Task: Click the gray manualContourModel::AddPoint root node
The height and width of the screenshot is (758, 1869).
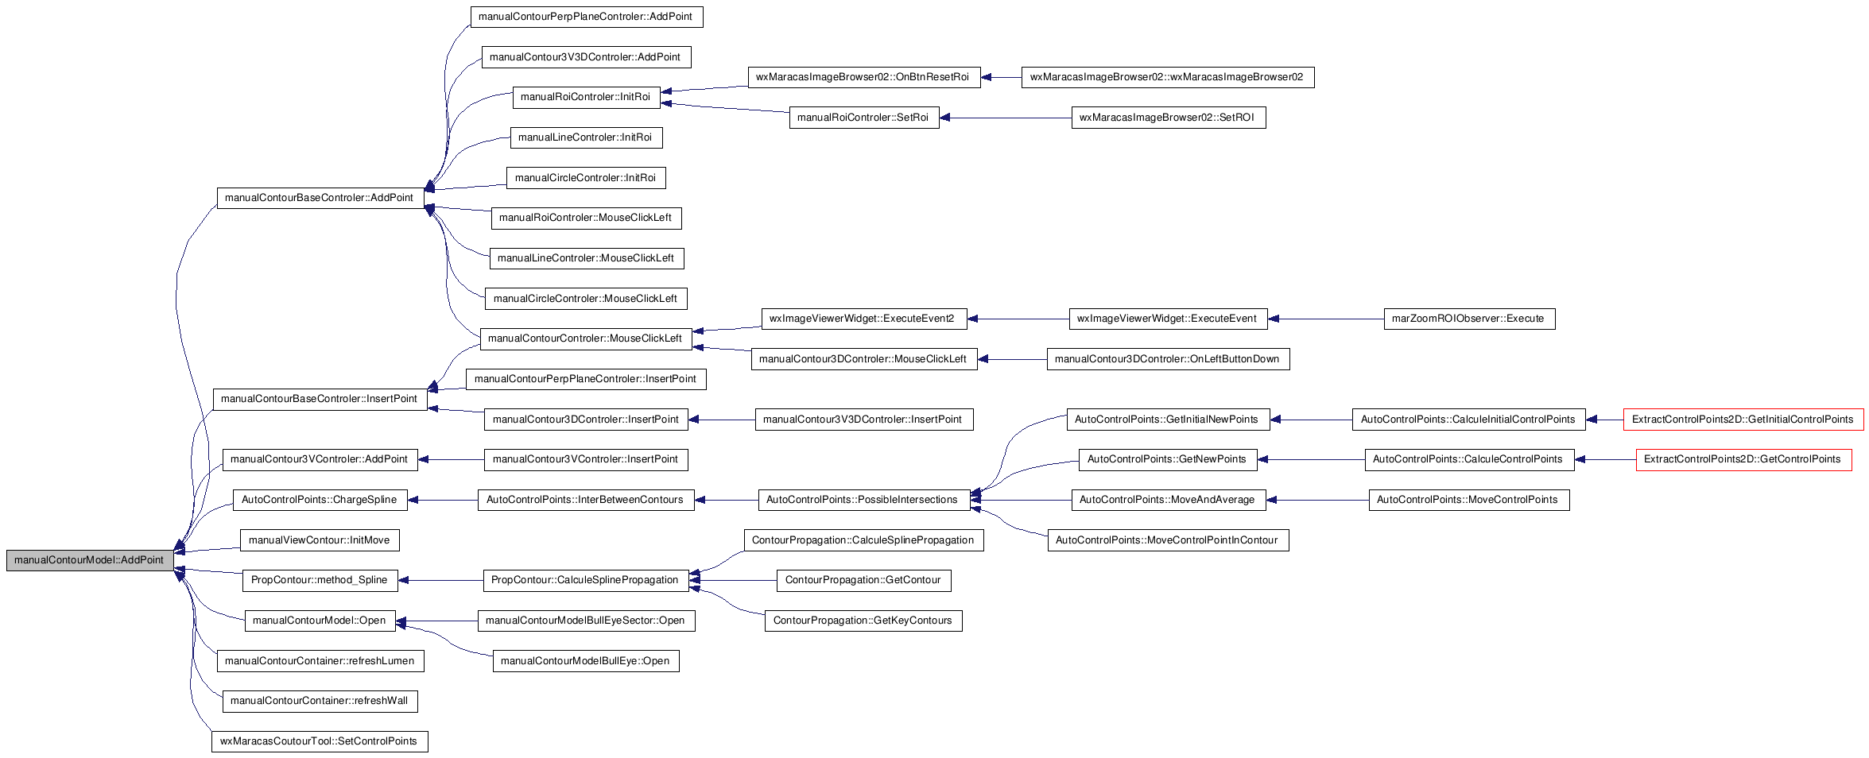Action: [x=90, y=560]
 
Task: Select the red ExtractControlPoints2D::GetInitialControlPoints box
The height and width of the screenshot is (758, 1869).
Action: [x=1743, y=420]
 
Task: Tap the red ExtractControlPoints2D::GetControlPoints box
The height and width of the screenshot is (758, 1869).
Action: [x=1743, y=459]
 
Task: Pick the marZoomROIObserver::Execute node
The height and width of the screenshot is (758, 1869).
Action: [x=1469, y=319]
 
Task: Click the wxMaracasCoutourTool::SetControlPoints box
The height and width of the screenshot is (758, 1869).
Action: [x=319, y=741]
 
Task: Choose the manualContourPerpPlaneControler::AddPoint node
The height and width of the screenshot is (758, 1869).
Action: [x=586, y=17]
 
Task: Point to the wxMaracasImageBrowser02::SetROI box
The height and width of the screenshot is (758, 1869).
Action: [x=1168, y=118]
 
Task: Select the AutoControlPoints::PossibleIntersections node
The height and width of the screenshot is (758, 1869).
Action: [x=863, y=500]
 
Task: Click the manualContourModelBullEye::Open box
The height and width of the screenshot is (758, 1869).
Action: [x=586, y=661]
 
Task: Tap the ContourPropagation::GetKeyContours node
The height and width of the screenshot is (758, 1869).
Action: [x=863, y=621]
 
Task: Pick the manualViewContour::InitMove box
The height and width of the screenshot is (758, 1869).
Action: [x=319, y=540]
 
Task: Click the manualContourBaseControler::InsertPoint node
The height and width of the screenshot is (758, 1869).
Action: [x=320, y=399]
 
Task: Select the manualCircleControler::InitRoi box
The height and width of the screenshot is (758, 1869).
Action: [x=586, y=178]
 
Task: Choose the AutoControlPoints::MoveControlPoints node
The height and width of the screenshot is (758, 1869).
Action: [x=1469, y=500]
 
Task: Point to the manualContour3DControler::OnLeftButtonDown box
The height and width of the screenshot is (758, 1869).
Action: [x=1168, y=359]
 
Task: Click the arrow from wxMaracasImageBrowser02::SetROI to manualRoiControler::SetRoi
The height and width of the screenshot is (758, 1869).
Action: [x=1006, y=118]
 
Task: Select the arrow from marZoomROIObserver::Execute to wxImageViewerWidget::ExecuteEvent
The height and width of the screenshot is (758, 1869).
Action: [x=1326, y=319]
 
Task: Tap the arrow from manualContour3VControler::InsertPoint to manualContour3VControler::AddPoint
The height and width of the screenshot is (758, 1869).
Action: [x=451, y=459]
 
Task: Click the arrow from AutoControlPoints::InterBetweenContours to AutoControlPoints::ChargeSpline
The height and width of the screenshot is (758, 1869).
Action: [x=442, y=500]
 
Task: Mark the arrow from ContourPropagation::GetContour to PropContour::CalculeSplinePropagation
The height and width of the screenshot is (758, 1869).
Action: [x=733, y=581]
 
